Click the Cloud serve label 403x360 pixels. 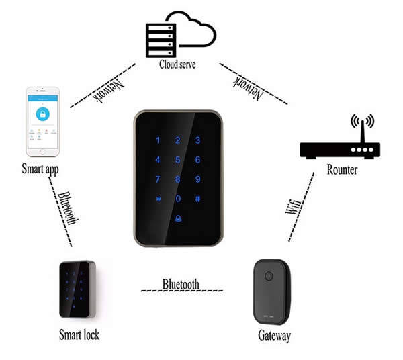pyautogui.click(x=177, y=64)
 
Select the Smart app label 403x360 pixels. pyautogui.click(x=40, y=169)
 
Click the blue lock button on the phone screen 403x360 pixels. pyautogui.click(x=43, y=114)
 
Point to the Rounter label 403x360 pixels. pyautogui.click(x=342, y=170)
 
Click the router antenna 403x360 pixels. pyautogui.click(x=363, y=131)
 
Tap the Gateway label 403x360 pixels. pyautogui.click(x=274, y=336)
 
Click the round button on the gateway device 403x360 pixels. pyautogui.click(x=269, y=277)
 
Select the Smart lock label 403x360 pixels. pyautogui.click(x=79, y=334)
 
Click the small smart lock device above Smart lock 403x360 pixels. pyautogui.click(x=78, y=289)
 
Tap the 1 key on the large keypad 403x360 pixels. pyautogui.click(x=158, y=140)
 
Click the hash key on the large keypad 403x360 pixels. pyautogui.click(x=197, y=199)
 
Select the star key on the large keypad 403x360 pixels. pyautogui.click(x=159, y=199)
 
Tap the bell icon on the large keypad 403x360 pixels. pyautogui.click(x=178, y=219)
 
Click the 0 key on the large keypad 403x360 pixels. pyautogui.click(x=178, y=199)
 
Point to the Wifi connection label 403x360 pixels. pyautogui.click(x=294, y=207)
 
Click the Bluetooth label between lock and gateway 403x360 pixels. pyautogui.click(x=181, y=284)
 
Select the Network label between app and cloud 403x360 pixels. pyautogui.click(x=108, y=91)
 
